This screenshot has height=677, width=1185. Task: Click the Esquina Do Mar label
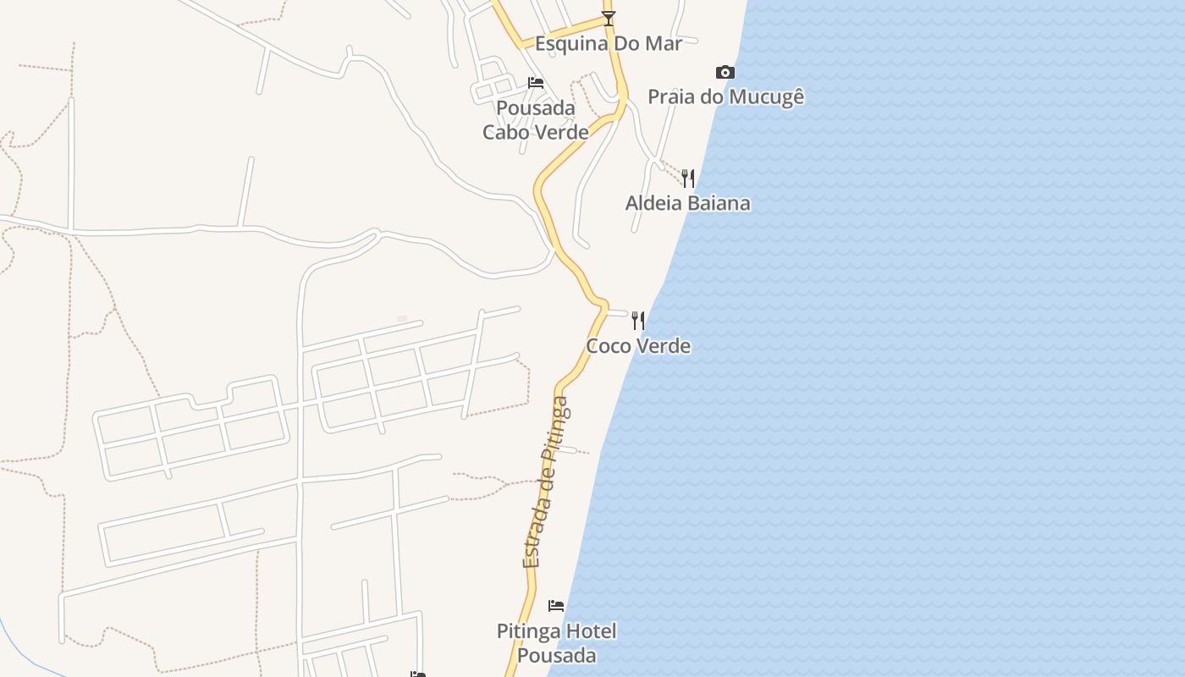pyautogui.click(x=608, y=43)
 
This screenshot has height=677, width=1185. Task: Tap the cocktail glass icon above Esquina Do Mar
pyautogui.click(x=609, y=18)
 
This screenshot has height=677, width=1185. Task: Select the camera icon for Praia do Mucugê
pyautogui.click(x=725, y=72)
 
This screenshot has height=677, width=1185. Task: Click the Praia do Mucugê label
pyautogui.click(x=725, y=96)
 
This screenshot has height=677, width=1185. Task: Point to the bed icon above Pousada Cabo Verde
pyautogui.click(x=535, y=83)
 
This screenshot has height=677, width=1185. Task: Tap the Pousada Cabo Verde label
pyautogui.click(x=536, y=120)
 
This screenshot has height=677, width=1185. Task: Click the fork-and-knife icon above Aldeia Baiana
pyautogui.click(x=688, y=178)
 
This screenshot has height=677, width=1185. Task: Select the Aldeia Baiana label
pyautogui.click(x=687, y=203)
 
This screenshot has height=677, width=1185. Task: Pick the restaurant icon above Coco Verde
pyautogui.click(x=638, y=320)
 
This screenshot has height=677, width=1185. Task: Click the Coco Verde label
pyautogui.click(x=638, y=346)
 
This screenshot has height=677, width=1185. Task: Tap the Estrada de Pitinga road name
pyautogui.click(x=546, y=482)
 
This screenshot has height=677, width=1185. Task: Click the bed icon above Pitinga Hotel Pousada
pyautogui.click(x=556, y=605)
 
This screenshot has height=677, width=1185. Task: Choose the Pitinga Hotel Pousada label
pyautogui.click(x=556, y=643)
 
